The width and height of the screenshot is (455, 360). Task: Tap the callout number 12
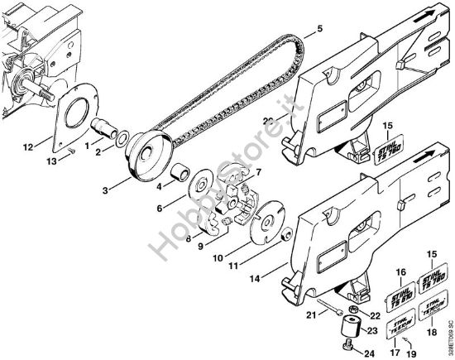pos(27,147)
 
